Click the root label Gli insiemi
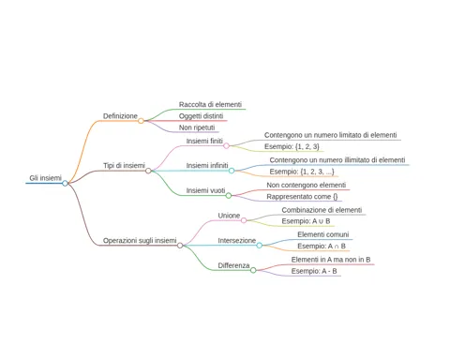coord(46,178)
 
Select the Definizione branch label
coord(120,116)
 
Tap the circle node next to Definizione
coord(141,121)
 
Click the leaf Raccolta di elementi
coord(210,104)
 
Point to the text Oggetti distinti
coord(201,116)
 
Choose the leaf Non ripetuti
coord(197,127)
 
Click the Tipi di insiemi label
coord(124,165)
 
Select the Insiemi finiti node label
coord(204,141)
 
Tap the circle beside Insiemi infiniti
coord(232,171)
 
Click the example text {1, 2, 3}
coord(307,146)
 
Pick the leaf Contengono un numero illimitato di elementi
coord(337,160)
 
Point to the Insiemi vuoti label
coord(205,190)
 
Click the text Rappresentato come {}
coord(302,197)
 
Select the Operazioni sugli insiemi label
coord(140,241)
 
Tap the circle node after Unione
coord(244,220)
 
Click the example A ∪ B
coord(321,221)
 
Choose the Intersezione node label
coord(237,241)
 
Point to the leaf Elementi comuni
coord(323,234)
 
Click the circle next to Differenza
coord(253,270)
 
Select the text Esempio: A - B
coord(314,271)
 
